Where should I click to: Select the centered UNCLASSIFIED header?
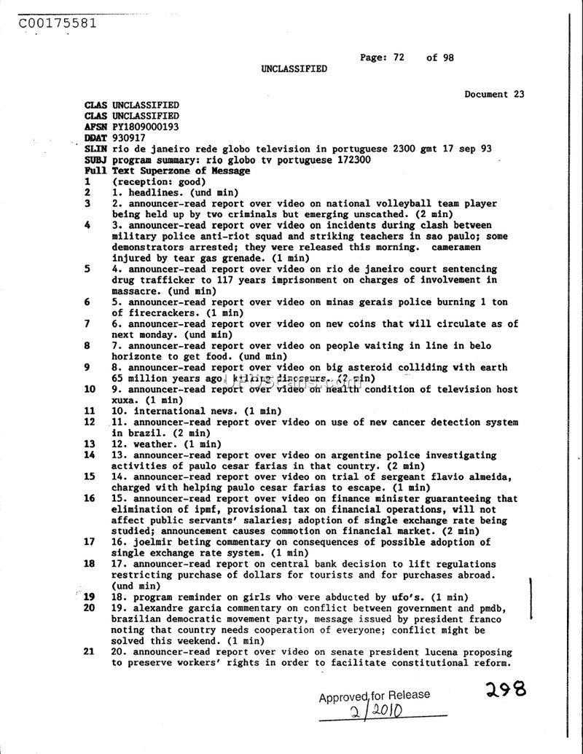(x=294, y=68)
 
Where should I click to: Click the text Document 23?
(x=494, y=94)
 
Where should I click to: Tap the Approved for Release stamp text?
(x=374, y=696)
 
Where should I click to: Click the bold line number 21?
(x=89, y=652)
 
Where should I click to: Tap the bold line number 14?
(x=89, y=455)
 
